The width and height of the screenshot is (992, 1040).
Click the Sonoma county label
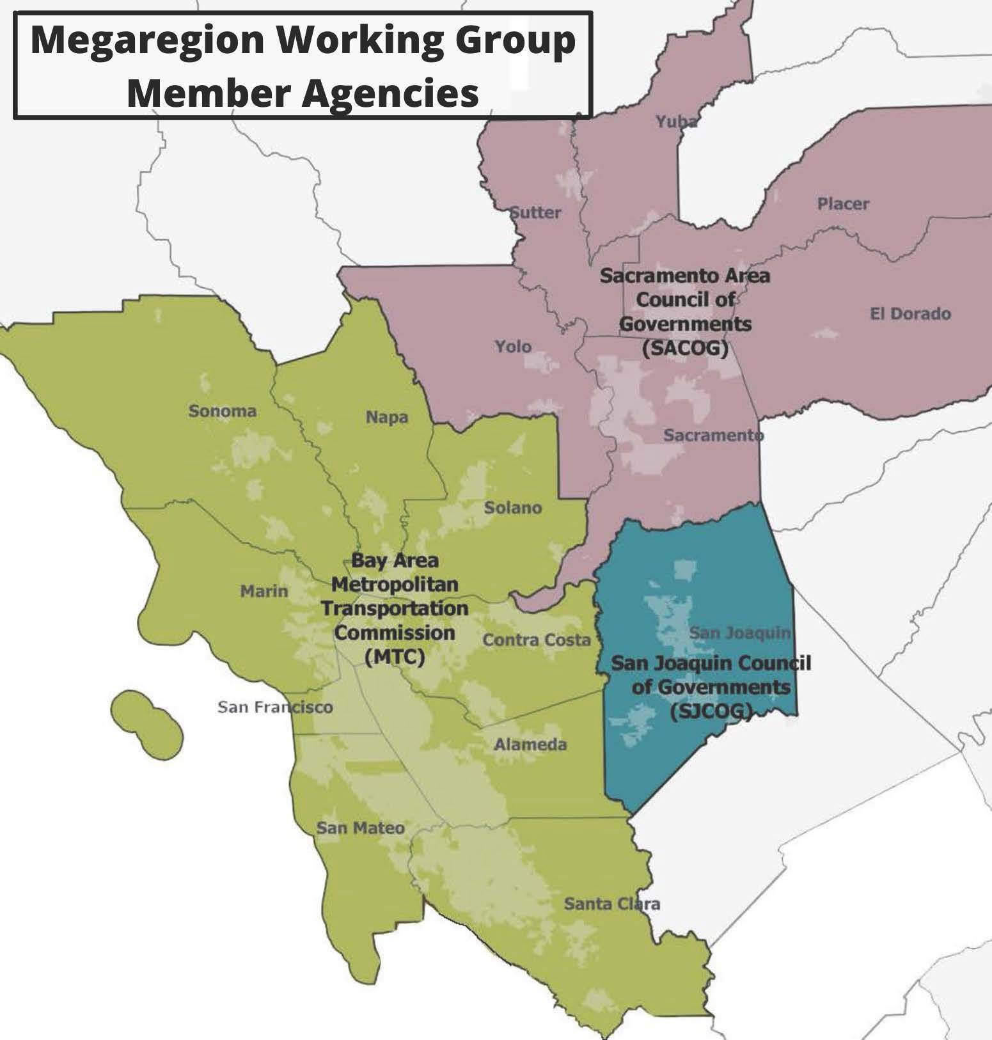click(222, 411)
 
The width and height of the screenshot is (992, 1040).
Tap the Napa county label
click(386, 418)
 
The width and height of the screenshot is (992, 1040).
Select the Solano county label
click(512, 508)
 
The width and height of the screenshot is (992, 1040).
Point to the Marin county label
click(264, 591)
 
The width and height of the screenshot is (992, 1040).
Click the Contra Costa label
click(536, 640)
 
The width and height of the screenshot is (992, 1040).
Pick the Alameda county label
click(530, 745)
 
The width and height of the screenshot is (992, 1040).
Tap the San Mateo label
click(361, 828)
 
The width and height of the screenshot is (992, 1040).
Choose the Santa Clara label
click(611, 904)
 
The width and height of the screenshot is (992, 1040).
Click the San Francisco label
click(275, 707)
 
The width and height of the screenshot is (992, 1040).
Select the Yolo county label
click(513, 347)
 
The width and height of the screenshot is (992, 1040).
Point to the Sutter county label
click(535, 212)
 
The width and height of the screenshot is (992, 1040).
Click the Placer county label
click(843, 204)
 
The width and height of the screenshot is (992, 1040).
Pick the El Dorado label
click(909, 314)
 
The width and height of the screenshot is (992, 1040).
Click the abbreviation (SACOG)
click(686, 349)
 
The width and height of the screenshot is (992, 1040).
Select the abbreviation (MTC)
click(394, 657)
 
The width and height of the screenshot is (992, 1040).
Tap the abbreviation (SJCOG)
click(710, 711)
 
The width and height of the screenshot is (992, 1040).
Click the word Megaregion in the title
click(147, 40)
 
